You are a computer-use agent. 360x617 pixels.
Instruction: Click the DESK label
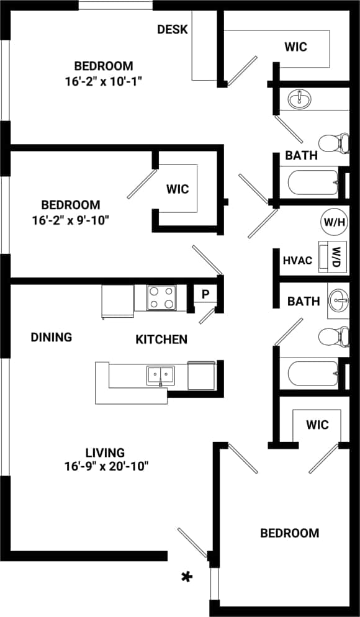(172, 29)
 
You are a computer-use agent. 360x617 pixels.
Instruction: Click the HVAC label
(297, 261)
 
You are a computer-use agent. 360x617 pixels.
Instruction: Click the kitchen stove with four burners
(161, 298)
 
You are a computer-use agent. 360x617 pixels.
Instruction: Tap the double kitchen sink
(161, 375)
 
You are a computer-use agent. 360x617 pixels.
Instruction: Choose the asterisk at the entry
(186, 577)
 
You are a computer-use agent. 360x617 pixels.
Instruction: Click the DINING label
(52, 337)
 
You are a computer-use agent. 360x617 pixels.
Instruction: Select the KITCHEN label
(161, 339)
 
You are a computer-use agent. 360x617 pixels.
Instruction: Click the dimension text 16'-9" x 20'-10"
(106, 466)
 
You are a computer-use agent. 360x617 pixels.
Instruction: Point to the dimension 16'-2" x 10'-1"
(104, 81)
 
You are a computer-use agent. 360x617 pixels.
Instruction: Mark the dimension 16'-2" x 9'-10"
(70, 219)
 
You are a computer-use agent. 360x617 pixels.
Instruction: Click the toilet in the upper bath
(335, 142)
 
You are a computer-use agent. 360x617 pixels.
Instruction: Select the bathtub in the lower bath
(309, 374)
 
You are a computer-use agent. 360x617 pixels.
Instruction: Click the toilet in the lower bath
(335, 336)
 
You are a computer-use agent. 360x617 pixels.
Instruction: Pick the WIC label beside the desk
(295, 47)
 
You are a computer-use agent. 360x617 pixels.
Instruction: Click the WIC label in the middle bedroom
(177, 189)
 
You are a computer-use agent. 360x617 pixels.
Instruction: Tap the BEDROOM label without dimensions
(289, 533)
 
